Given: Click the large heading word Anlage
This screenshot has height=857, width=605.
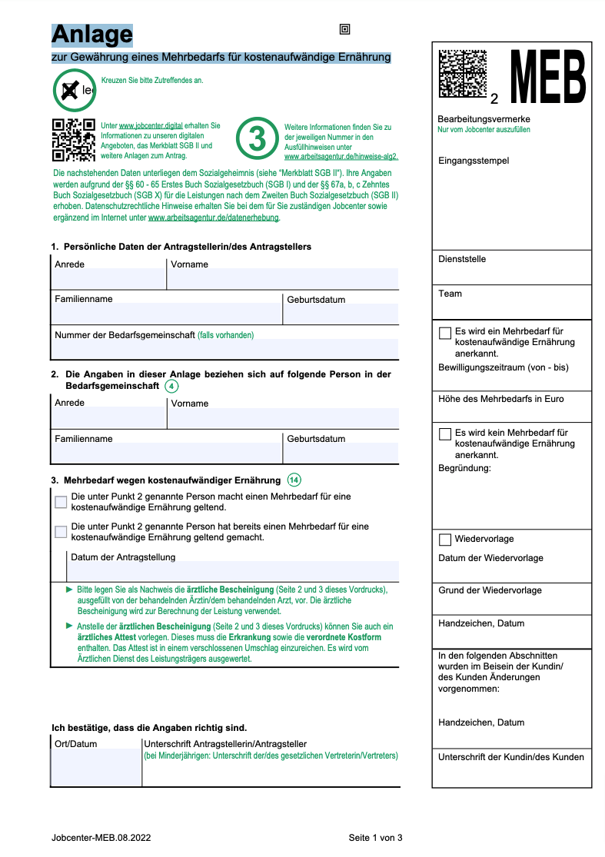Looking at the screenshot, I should coord(91,35).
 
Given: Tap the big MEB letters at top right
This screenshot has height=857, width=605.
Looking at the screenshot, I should coord(548,77).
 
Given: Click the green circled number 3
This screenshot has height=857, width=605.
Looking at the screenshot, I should coord(258,138).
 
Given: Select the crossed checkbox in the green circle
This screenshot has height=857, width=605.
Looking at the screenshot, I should coord(70,91).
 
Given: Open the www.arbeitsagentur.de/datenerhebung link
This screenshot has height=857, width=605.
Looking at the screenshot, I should coord(214,218).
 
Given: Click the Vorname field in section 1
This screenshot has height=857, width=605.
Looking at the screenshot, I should coord(283,278).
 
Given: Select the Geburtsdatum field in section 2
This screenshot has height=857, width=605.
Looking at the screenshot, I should coord(341,453).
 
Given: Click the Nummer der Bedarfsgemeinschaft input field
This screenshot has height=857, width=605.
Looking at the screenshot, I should coord(224,349).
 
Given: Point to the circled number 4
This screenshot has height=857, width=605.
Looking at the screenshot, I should coord(171,386).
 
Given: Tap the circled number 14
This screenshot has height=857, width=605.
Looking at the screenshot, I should coord(294,480).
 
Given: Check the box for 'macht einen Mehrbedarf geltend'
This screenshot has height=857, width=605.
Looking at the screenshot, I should coord(61,502).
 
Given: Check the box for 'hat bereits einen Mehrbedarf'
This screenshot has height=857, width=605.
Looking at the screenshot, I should coord(61,531).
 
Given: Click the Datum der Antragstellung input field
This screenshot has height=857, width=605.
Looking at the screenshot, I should coord(234,571).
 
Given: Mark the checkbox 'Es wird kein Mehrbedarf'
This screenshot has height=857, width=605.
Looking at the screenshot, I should coord(445,433).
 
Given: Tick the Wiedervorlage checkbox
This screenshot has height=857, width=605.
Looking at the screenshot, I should coord(445,540).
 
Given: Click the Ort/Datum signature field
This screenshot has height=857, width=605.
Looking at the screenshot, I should coord(96,767).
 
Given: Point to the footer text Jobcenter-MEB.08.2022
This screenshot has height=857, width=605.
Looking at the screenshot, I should coord(101,838).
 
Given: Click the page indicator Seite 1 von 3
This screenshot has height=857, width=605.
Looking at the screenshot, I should coord(375,838).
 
